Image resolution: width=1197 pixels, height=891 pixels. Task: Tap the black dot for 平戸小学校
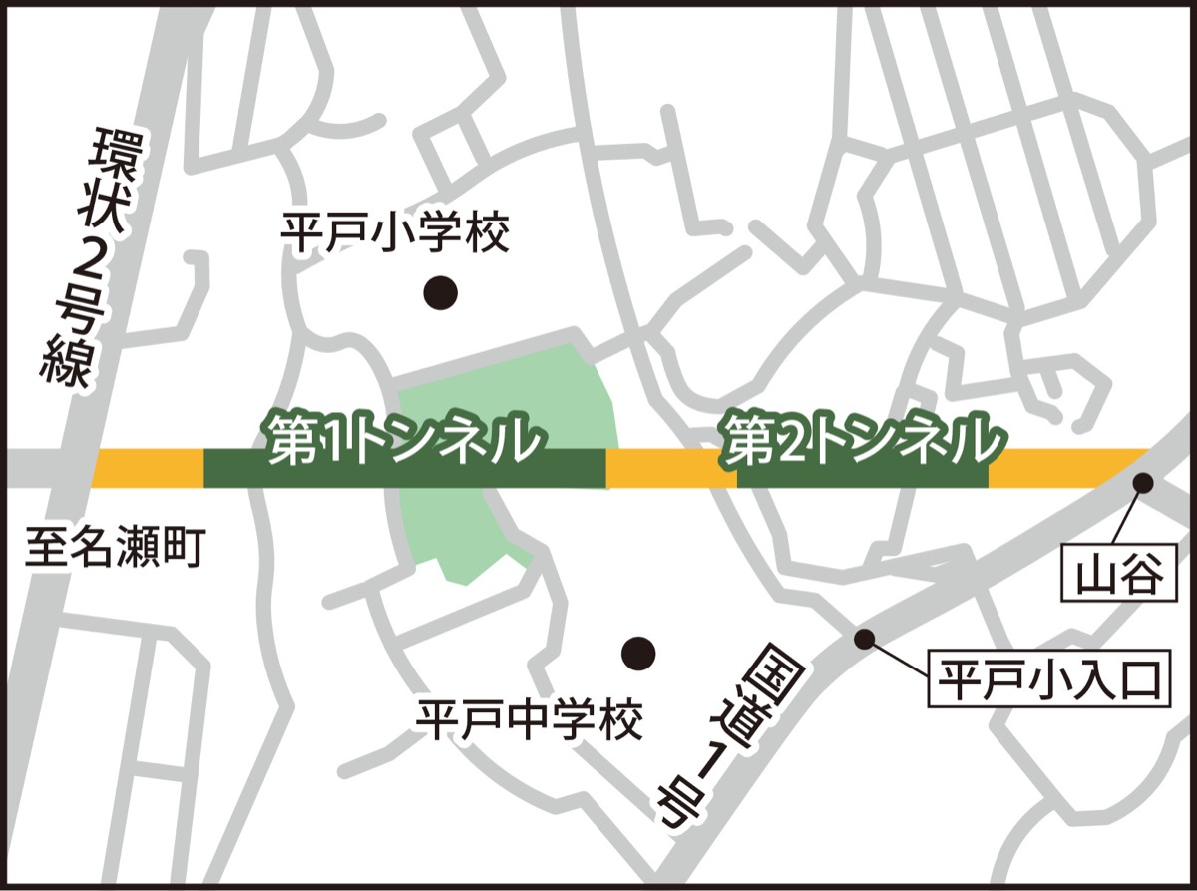point(440,292)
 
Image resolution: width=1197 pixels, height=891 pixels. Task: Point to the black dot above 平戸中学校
point(638,654)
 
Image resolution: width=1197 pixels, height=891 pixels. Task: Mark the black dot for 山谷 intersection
point(1143,484)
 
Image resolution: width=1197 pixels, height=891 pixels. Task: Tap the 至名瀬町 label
point(115,549)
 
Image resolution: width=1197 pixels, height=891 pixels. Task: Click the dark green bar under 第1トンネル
point(299,475)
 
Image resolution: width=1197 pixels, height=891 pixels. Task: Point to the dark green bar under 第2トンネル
point(863,476)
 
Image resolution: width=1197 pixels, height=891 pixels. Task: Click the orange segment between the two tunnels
point(670,469)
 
